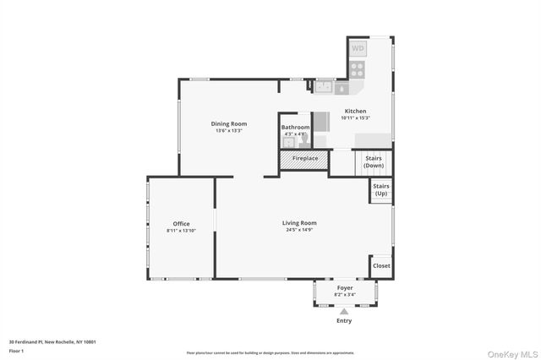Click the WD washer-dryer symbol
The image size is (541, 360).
358,49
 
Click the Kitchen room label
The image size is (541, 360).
355,112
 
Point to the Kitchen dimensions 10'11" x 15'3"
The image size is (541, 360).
355,118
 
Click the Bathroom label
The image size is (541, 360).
295,128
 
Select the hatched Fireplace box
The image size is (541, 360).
304,158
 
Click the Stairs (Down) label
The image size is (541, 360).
374,161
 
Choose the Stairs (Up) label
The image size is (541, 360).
381,189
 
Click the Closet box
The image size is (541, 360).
381,265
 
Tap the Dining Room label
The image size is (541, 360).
228,124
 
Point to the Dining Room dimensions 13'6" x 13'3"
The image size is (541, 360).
228,131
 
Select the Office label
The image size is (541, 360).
181,224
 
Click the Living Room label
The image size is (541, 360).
299,223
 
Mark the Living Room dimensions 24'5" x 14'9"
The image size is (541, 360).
299,230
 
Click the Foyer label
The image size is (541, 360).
345,288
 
